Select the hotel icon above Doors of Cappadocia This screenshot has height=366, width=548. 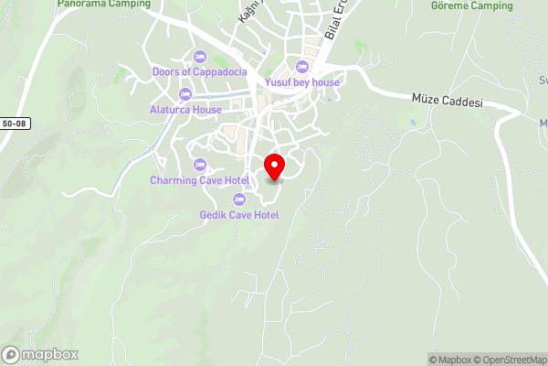(x=200, y=57)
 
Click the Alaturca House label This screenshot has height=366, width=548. (x=185, y=110)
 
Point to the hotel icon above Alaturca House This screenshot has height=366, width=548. (x=185, y=94)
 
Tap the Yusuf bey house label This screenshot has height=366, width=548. (x=302, y=82)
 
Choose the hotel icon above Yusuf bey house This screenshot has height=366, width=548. (x=302, y=67)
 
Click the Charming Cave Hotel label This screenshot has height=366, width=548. (x=200, y=180)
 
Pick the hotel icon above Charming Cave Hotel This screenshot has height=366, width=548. (x=200, y=165)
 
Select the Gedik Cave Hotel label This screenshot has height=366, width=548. (x=239, y=215)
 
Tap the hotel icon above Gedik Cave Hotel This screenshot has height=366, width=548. (x=239, y=199)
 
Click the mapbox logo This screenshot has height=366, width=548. (x=40, y=355)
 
